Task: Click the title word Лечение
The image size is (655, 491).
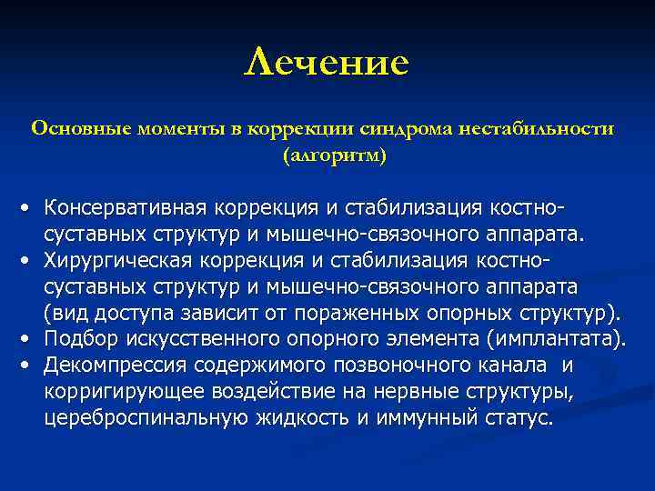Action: click(327, 63)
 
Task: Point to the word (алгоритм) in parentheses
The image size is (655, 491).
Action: click(334, 155)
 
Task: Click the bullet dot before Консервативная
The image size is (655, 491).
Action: click(30, 209)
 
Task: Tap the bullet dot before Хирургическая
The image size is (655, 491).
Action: click(30, 262)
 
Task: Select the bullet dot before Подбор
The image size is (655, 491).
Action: click(30, 341)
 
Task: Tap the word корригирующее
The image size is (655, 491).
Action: click(117, 393)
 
